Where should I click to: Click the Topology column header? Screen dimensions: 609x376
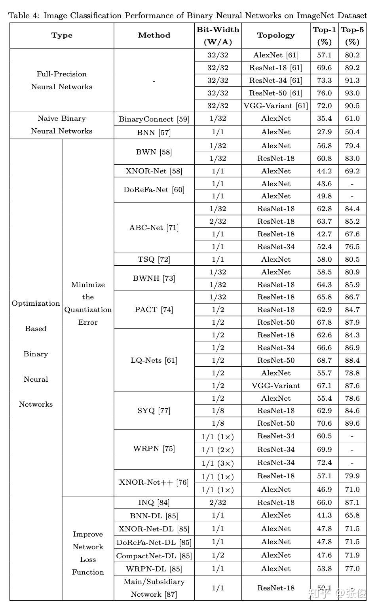point(276,35)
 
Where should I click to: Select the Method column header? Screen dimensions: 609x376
point(154,35)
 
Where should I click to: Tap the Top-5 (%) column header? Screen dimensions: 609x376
point(352,35)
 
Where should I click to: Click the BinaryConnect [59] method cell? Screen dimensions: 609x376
point(154,119)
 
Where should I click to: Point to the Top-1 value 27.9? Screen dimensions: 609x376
point(324,132)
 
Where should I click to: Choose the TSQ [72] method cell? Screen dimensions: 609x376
point(154,259)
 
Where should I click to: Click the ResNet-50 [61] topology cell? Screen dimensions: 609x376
point(276,93)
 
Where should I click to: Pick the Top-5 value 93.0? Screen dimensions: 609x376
point(352,93)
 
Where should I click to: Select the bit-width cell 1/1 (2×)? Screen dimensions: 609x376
point(218,449)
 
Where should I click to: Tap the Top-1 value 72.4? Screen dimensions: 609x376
point(324,462)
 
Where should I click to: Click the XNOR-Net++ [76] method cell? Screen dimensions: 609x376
point(154,482)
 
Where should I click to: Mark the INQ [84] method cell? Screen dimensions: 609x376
point(154,502)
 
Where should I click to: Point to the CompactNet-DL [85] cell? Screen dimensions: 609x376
point(154,556)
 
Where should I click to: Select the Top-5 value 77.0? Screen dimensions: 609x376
point(352,569)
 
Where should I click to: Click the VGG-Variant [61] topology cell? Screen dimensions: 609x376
point(276,106)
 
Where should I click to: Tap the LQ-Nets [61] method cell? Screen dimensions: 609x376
point(154,360)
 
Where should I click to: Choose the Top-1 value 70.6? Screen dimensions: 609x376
point(324,423)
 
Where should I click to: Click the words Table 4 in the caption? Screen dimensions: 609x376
point(24,16)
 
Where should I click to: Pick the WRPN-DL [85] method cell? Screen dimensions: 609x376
point(154,569)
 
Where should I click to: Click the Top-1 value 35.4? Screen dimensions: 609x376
point(324,118)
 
